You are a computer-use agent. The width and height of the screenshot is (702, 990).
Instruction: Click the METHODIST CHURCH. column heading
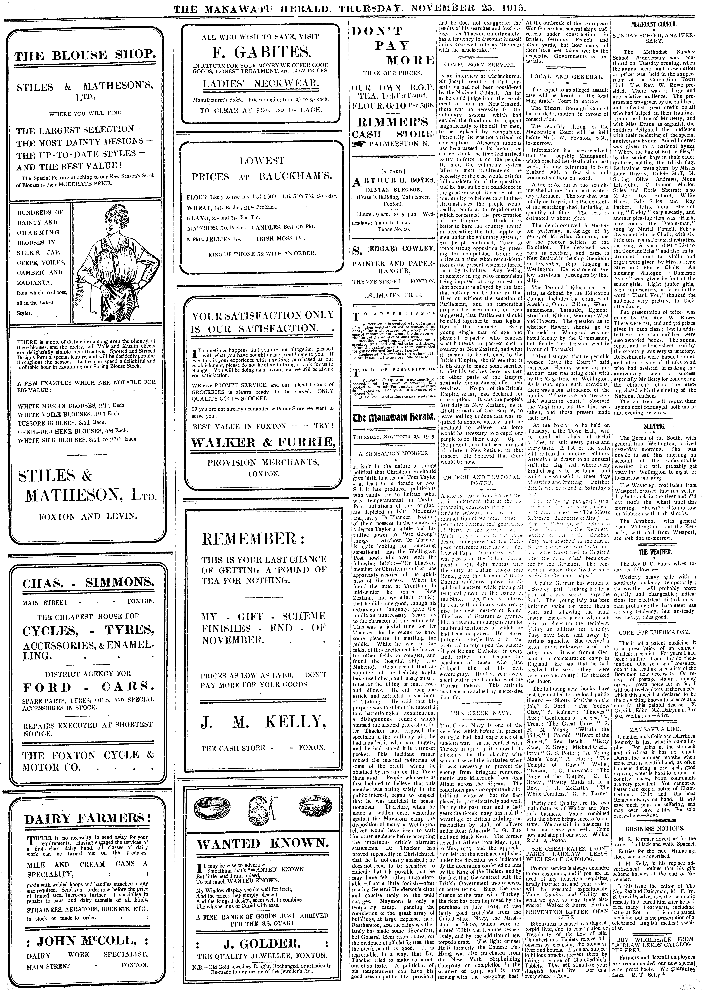pyautogui.click(x=657, y=25)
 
